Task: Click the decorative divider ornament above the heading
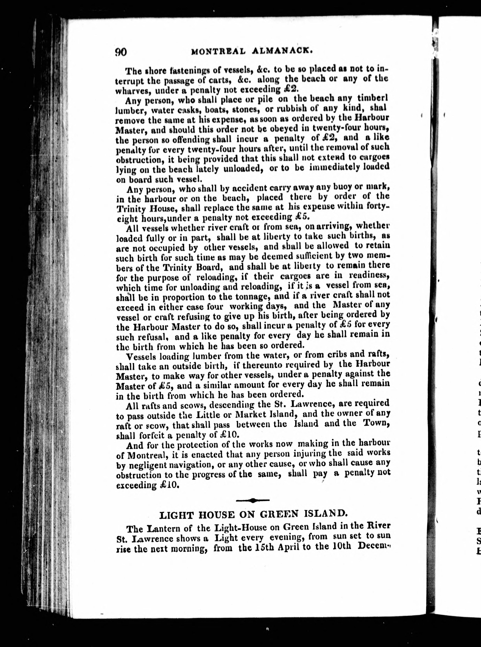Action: point(253,500)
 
